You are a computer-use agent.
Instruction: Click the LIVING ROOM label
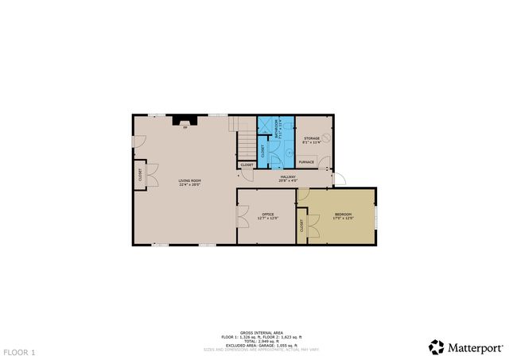tap(188, 182)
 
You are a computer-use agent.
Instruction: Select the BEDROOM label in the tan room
tap(344, 215)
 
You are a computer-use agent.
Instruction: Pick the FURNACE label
tap(306, 162)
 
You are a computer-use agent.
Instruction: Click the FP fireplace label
tap(185, 127)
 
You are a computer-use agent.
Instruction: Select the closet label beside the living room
tap(139, 176)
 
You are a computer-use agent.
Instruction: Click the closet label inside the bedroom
tap(302, 226)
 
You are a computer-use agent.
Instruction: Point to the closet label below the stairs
tap(247, 165)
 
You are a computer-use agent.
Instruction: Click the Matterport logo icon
tap(437, 346)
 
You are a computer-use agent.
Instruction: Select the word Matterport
tap(476, 347)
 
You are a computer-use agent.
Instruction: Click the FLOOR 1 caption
tap(19, 351)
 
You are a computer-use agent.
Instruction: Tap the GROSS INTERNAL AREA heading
tap(257, 333)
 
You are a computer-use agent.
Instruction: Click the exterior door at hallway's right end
tap(340, 180)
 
